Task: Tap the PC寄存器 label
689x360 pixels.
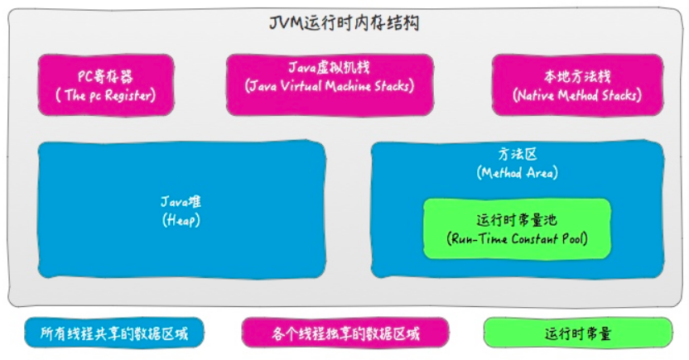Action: (105, 75)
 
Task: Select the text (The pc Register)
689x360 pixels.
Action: (105, 95)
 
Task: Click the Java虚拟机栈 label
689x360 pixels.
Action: (329, 66)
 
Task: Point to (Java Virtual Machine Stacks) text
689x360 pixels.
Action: (329, 85)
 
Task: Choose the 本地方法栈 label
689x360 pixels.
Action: (577, 76)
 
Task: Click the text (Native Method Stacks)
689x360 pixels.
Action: (577, 95)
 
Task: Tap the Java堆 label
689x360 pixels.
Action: (181, 202)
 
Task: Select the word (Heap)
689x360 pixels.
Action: (181, 221)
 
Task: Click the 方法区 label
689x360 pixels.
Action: (517, 154)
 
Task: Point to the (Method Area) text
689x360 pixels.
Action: (517, 173)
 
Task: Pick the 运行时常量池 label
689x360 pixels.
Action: (517, 221)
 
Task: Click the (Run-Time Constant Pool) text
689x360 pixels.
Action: (517, 240)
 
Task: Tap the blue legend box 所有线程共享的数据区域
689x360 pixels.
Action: (114, 334)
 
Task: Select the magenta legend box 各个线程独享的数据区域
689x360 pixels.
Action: (345, 334)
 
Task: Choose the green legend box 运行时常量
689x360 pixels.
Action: (577, 334)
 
